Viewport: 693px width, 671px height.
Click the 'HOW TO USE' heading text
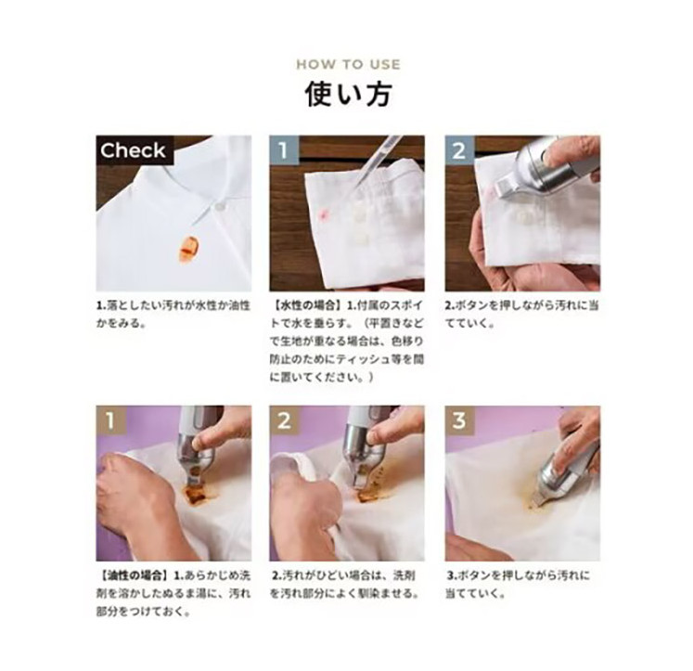click(348, 65)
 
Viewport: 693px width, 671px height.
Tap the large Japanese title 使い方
click(348, 93)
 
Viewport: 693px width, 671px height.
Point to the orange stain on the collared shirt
click(189, 250)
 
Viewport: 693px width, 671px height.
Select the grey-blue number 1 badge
click(284, 149)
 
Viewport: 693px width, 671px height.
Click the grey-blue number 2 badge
click(459, 149)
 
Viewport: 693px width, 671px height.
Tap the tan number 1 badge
click(110, 419)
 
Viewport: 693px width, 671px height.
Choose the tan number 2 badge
click(284, 419)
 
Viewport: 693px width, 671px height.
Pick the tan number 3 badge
click(459, 419)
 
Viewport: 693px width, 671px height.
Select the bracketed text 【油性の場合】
click(133, 575)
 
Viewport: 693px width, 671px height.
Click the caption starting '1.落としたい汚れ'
click(173, 315)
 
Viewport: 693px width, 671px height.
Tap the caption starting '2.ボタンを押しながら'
click(521, 315)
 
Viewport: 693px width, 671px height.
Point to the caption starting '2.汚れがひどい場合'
click(344, 585)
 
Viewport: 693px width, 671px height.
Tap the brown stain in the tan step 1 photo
click(194, 493)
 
